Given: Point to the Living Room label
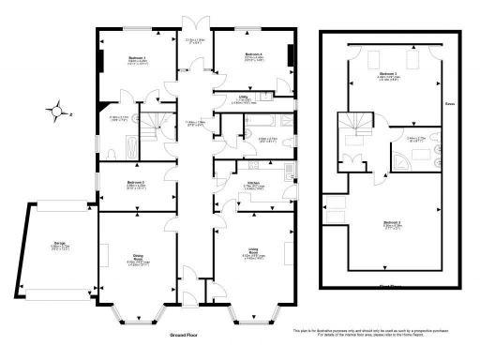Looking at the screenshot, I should [252, 253].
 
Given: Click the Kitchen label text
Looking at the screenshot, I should [252, 185].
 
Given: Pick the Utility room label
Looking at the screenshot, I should [242, 97].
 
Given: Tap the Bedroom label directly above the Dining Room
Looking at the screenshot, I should [136, 184].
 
